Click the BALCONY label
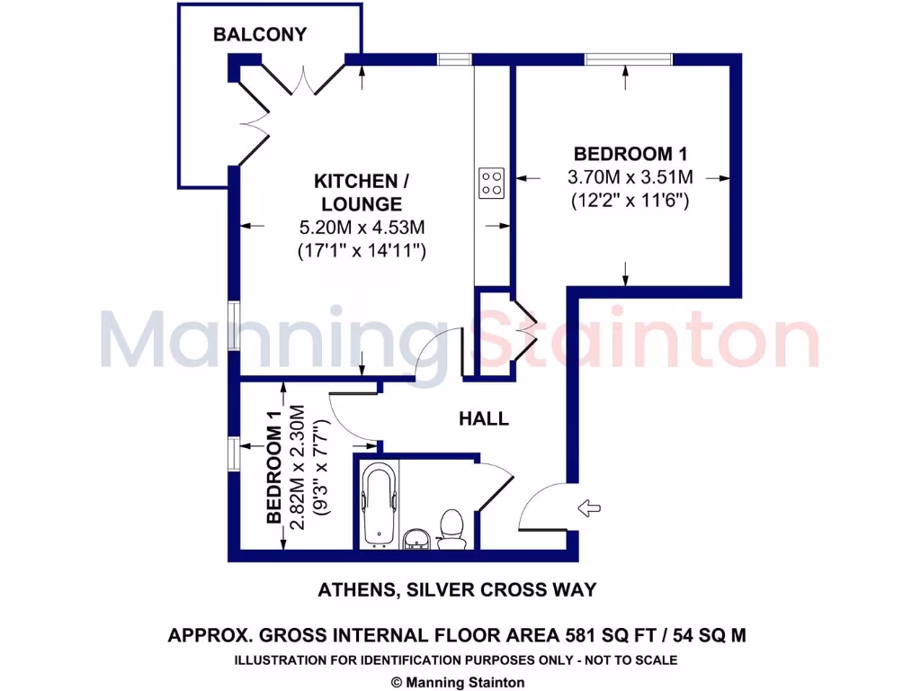[259, 35]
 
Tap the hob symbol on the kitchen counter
[491, 183]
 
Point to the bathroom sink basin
[416, 538]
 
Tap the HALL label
[484, 418]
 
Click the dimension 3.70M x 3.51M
[630, 177]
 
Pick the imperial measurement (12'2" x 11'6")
[630, 202]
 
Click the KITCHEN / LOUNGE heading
[356, 192]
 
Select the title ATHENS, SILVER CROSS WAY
[457, 590]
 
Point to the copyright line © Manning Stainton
[459, 683]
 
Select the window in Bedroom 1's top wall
[627, 59]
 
